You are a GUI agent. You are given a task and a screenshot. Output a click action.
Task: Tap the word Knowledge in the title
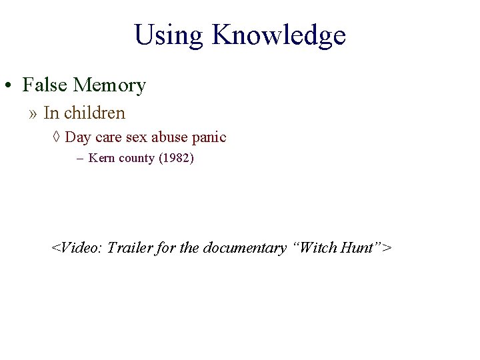pos(279,35)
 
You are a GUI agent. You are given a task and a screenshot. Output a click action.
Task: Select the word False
pos(45,85)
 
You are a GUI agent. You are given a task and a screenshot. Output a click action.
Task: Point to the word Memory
pos(109,85)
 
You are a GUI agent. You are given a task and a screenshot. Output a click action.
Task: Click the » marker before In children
pos(33,113)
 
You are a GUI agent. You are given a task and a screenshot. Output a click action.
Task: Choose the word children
pos(95,113)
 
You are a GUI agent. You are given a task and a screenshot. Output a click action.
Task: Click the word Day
pos(78,137)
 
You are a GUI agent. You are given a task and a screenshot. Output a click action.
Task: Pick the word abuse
pos(170,137)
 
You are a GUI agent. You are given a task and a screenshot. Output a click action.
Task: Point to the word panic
pos(209,137)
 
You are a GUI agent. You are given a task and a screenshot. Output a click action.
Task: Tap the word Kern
pos(101,159)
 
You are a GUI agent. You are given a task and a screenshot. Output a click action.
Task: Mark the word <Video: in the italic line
pos(77,248)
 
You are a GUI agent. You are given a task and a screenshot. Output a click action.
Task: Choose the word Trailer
pos(129,248)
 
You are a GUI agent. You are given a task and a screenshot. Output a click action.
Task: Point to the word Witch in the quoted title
pos(318,248)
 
